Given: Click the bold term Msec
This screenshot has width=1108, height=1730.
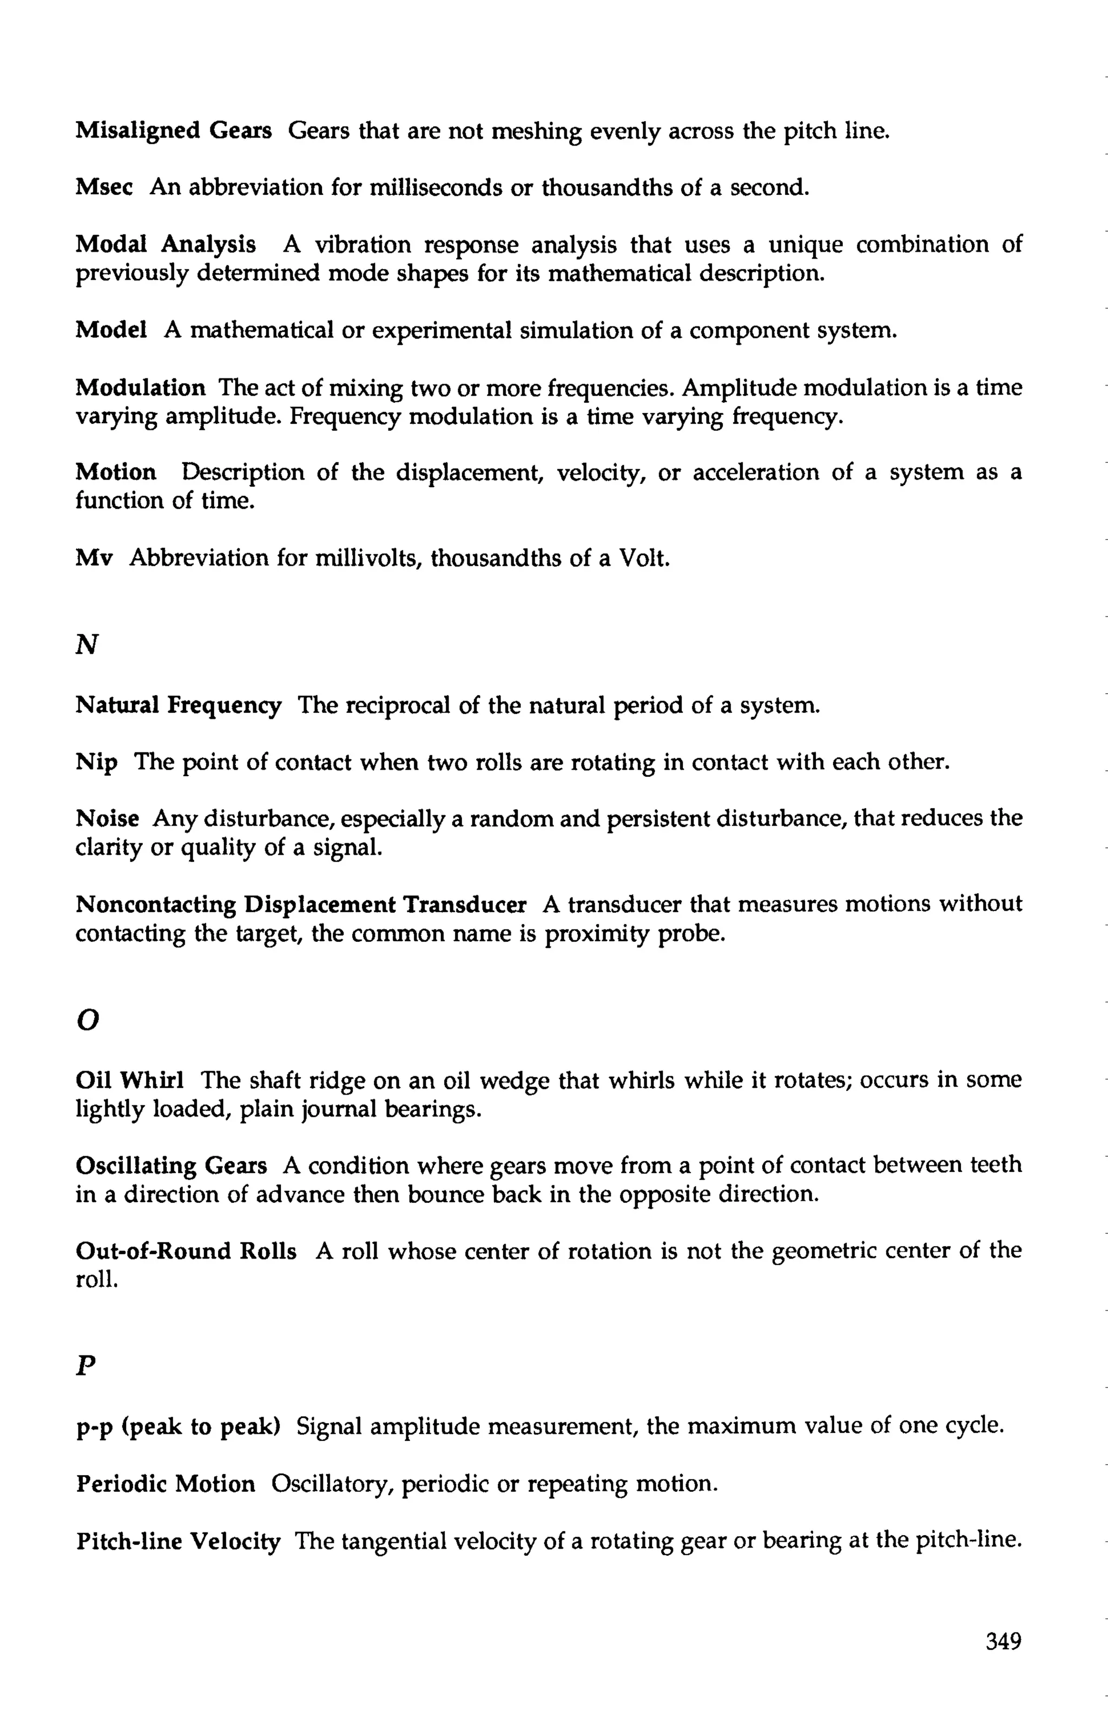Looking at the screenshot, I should pyautogui.click(x=104, y=188).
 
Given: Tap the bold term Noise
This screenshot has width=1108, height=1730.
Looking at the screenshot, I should pyautogui.click(x=107, y=819).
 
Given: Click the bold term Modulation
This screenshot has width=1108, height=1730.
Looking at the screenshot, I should pyautogui.click(x=140, y=388).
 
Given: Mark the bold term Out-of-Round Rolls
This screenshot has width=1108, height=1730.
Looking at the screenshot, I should pyautogui.click(x=186, y=1251).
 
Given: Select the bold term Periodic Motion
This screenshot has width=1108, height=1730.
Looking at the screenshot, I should pyautogui.click(x=166, y=1484).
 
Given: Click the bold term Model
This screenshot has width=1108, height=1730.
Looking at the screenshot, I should pyautogui.click(x=111, y=330).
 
